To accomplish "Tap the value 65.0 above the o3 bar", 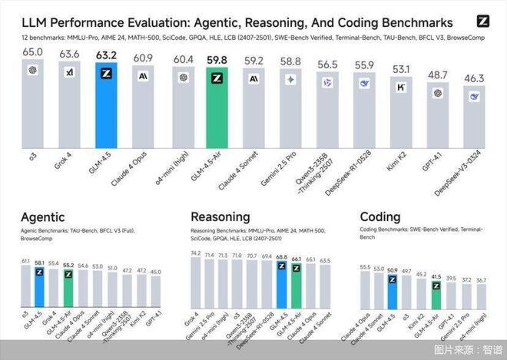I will pos(33,51).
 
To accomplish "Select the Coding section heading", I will pos(379,218).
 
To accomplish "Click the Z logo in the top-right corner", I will pos(482,21).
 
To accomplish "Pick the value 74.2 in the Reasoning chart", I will pos(195,253).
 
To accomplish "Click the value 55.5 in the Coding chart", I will pos(365,266).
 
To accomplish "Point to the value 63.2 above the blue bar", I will pos(107,55).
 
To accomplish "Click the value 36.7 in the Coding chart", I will pos(480,280).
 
